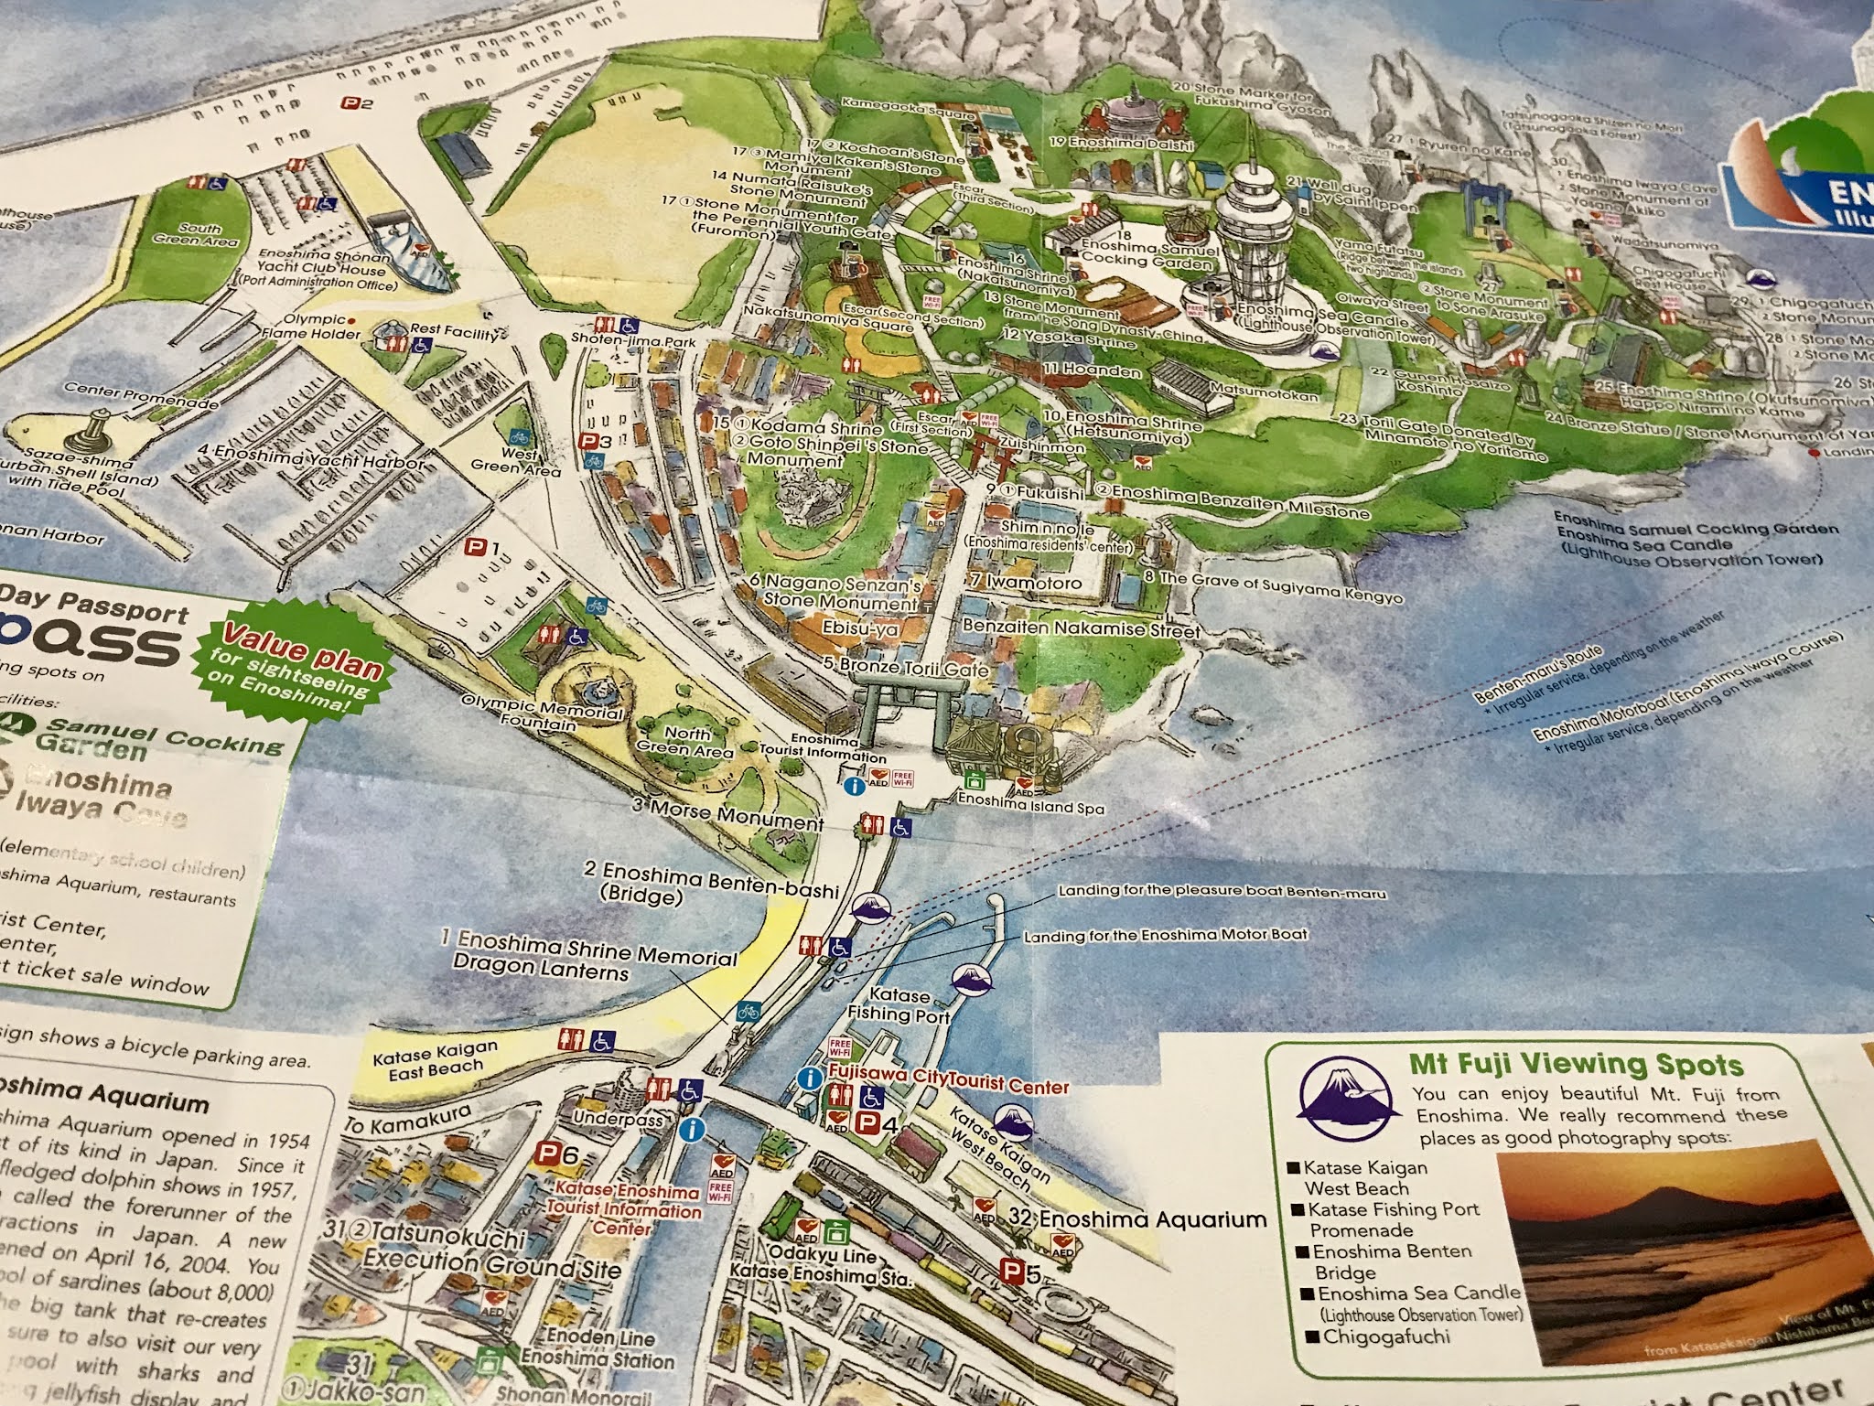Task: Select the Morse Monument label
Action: (727, 813)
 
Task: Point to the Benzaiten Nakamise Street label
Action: (1081, 629)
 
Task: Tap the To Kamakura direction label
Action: (408, 1120)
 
